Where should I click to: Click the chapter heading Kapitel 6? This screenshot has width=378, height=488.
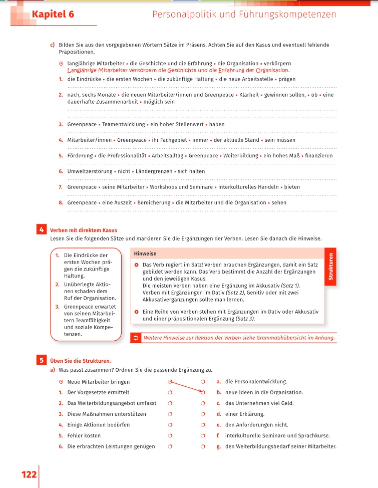click(52, 15)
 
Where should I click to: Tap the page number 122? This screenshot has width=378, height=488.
click(29, 474)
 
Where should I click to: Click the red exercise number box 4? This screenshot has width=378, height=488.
click(42, 230)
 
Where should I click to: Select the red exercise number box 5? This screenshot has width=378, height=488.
click(42, 360)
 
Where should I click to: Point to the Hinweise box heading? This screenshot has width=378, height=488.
click(145, 254)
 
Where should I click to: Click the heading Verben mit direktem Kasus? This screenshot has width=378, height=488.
click(84, 230)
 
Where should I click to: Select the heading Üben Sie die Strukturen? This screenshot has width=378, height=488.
click(80, 360)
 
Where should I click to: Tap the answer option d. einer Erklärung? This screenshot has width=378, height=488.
click(240, 414)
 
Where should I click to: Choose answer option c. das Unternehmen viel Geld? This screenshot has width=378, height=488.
click(255, 403)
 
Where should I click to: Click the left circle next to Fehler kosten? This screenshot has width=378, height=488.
click(170, 435)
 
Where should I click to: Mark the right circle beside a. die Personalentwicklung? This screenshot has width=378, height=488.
click(203, 381)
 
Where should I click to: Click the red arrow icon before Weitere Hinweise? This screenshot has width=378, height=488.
click(136, 338)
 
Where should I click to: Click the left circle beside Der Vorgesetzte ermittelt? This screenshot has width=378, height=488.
click(170, 392)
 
